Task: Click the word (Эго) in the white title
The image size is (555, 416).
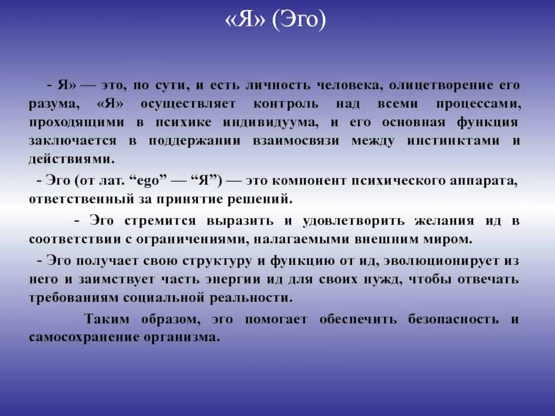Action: [299, 20]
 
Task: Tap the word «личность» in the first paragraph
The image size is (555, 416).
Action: [278, 85]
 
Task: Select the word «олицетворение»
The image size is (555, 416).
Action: [441, 86]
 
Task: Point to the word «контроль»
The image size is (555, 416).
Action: [286, 104]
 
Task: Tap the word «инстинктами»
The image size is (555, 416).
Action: [453, 141]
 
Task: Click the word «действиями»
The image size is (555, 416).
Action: [72, 159]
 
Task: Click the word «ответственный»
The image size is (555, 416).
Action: [81, 200]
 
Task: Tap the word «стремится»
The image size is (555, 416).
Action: [160, 221]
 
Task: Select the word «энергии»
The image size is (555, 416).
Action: [233, 280]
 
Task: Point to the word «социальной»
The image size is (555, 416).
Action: [164, 298]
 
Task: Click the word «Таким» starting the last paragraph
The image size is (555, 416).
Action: [106, 319]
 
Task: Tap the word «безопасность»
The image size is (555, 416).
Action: [453, 319]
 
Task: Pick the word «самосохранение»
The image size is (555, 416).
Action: [84, 338]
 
